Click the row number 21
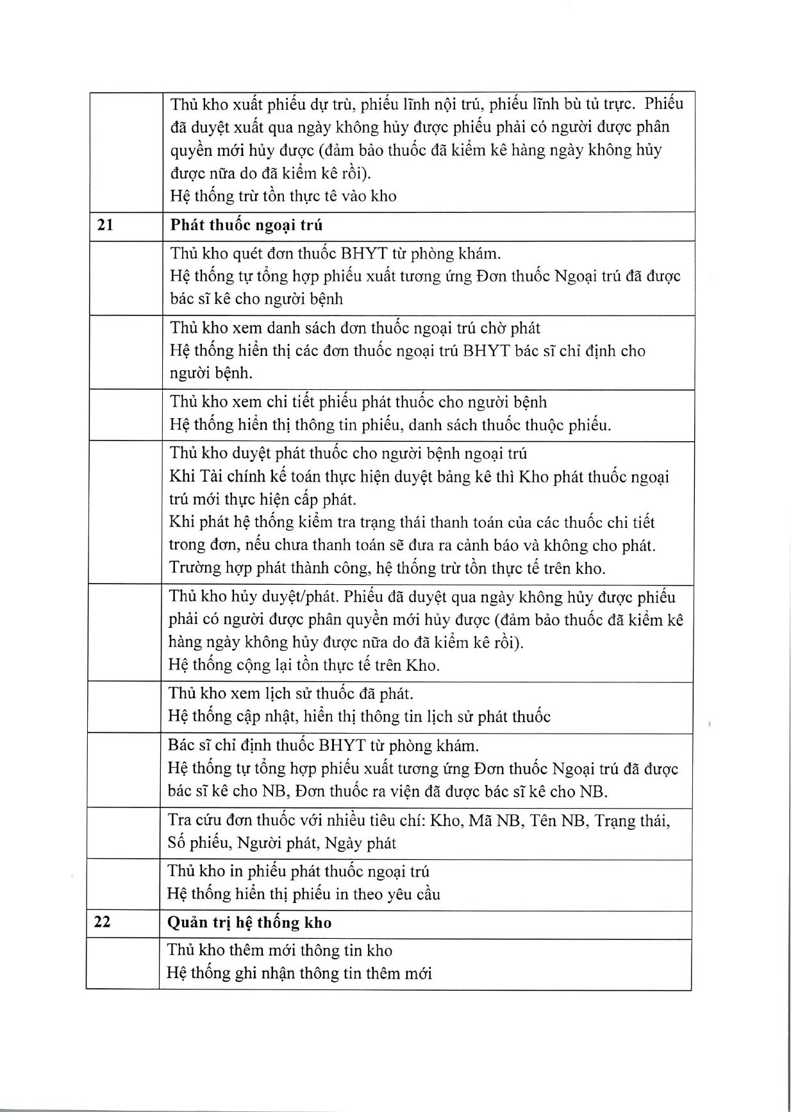click(x=105, y=225)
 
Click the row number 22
click(x=102, y=922)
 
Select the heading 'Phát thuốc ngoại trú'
click(x=246, y=225)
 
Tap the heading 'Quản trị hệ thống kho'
click(x=249, y=922)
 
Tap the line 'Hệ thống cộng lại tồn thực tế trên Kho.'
click(x=304, y=664)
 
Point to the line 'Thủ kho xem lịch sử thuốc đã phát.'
click(x=290, y=693)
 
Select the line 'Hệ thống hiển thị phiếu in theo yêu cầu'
click(x=303, y=893)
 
